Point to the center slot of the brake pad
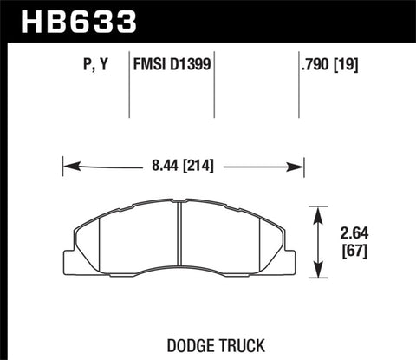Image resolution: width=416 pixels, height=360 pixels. point(179,239)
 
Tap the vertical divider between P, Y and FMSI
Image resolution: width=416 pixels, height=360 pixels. point(128,87)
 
